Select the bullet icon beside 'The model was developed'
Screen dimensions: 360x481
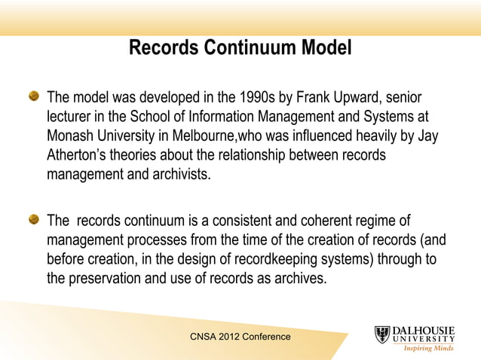click(34, 97)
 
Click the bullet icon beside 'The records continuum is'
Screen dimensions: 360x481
click(34, 220)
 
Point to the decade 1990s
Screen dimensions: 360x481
click(263, 98)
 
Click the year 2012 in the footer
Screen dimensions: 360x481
click(227, 337)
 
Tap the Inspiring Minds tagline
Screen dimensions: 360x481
click(428, 348)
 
